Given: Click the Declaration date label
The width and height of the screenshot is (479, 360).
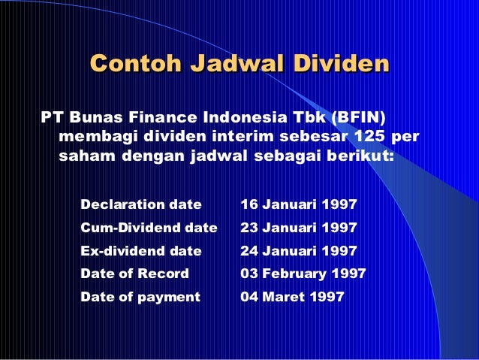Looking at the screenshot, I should tap(141, 204).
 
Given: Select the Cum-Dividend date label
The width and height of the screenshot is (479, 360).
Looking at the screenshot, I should tap(149, 227).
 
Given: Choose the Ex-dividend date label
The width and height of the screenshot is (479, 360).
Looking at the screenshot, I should tap(141, 250).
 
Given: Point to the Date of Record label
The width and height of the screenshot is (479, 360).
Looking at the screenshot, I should tap(134, 274).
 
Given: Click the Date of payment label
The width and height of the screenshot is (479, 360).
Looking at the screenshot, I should tap(140, 297).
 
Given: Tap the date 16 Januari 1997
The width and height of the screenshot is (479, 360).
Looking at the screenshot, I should tap(298, 204).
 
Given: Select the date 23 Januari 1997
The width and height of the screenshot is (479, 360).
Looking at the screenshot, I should tap(298, 227).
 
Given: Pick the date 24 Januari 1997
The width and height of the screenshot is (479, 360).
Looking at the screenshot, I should tap(298, 250).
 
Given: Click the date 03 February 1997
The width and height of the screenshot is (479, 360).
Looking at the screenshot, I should tap(303, 274).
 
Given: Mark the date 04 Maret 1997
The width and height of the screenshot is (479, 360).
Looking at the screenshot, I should tap(292, 297).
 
